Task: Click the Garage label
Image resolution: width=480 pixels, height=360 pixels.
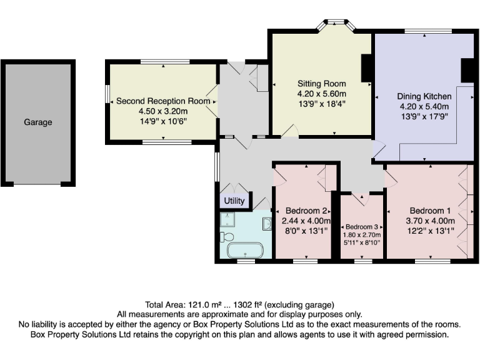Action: [x=38, y=122]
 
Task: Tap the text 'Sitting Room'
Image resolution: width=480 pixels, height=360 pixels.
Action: [x=321, y=84]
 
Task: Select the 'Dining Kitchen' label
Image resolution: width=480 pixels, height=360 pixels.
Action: [x=424, y=96]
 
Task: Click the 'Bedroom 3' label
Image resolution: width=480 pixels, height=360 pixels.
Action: [x=362, y=226]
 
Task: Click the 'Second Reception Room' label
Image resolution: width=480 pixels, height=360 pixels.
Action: [x=163, y=101]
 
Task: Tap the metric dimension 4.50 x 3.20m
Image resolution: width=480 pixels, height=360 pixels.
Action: [x=163, y=111]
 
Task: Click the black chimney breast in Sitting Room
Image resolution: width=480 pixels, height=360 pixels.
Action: [x=367, y=68]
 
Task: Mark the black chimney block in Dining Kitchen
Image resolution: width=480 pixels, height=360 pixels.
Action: [x=467, y=69]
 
